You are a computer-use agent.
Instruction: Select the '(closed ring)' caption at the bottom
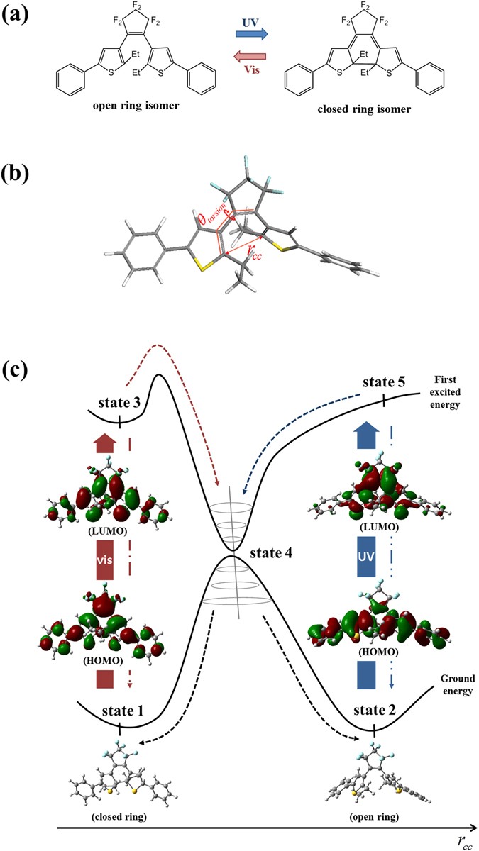[111, 816]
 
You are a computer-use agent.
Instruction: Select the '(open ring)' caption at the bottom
[369, 816]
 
